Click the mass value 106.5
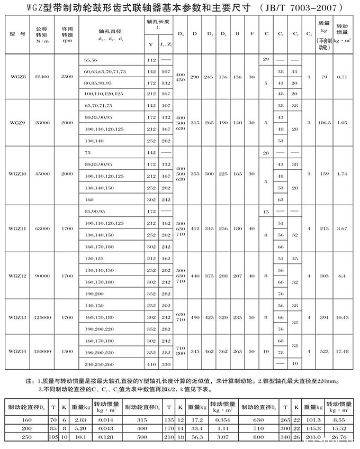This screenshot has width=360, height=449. coord(323,122)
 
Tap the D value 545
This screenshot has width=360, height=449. coord(195,351)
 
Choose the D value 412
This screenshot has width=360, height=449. coord(195,228)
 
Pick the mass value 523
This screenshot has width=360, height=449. coord(323,351)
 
